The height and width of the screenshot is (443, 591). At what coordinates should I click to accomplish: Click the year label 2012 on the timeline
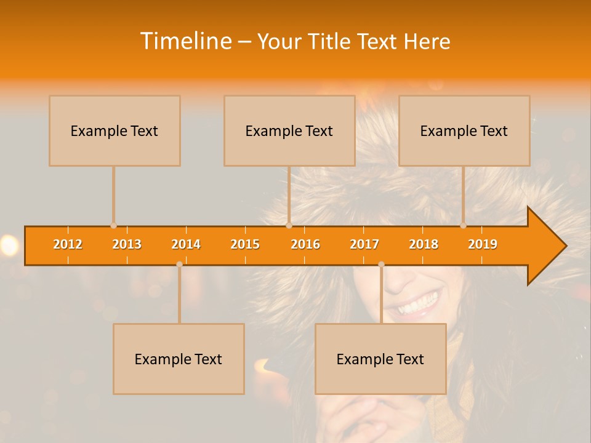click(68, 244)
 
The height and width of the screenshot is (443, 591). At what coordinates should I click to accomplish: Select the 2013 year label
click(127, 244)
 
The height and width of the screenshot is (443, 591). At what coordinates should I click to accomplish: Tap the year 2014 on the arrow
click(186, 244)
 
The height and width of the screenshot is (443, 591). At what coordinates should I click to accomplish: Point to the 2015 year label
click(245, 244)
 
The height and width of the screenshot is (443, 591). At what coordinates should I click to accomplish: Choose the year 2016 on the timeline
click(305, 244)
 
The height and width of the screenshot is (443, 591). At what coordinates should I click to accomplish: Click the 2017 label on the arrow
click(364, 244)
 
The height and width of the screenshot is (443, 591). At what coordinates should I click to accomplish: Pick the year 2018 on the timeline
click(424, 244)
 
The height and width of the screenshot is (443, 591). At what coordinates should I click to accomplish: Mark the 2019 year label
click(483, 244)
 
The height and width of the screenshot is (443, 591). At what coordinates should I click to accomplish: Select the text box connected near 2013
click(115, 130)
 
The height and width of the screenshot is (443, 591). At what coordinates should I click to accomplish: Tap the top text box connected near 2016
click(289, 130)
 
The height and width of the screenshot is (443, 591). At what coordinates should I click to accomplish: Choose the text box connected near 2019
click(464, 130)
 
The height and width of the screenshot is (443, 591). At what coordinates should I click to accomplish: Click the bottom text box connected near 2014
click(179, 359)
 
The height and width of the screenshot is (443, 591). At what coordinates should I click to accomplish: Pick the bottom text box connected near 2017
click(380, 359)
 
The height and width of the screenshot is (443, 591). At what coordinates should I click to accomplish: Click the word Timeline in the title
click(185, 41)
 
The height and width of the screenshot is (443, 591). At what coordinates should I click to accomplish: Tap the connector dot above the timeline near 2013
click(113, 226)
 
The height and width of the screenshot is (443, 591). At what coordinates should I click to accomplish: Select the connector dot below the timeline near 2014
click(179, 264)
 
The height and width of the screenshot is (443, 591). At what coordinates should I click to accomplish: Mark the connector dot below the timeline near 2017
click(381, 264)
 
